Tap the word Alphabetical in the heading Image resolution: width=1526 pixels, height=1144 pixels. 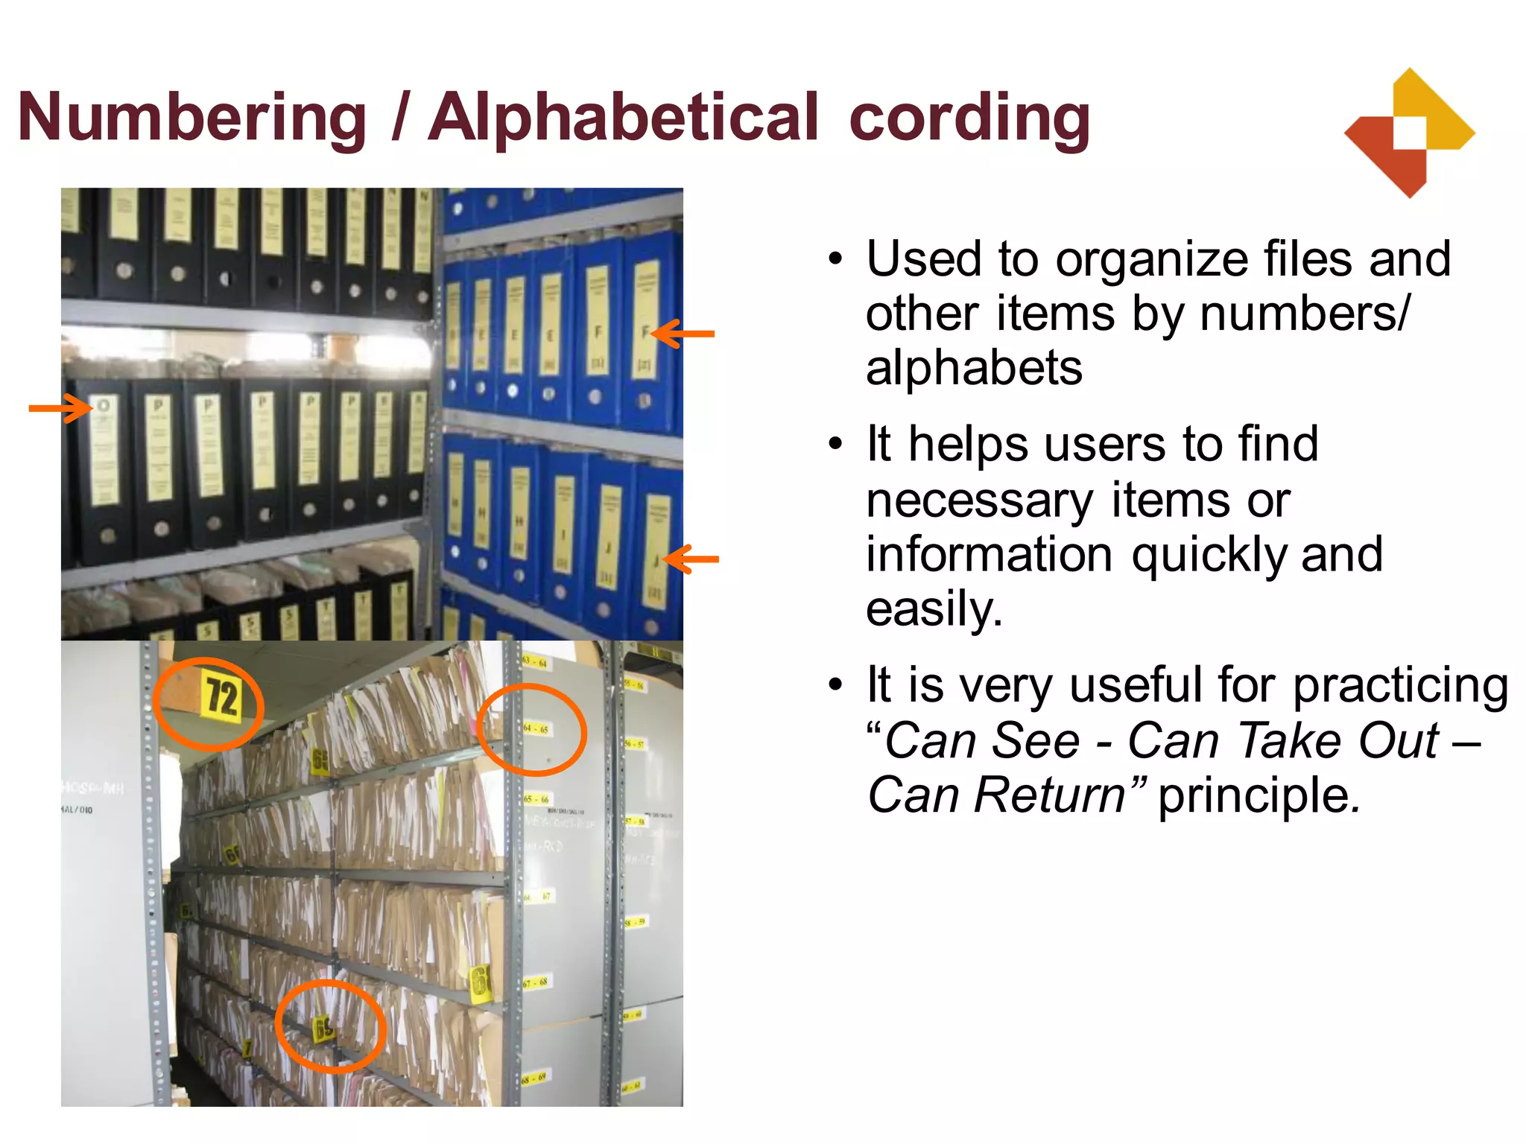[x=624, y=118]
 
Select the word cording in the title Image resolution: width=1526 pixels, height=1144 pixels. [x=969, y=118]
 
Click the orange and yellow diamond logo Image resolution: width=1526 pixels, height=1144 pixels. [x=1409, y=133]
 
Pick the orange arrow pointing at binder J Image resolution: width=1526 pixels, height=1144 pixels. [x=691, y=559]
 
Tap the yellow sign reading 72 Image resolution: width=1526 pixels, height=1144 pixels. [x=222, y=697]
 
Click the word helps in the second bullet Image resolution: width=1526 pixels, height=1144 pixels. [x=969, y=445]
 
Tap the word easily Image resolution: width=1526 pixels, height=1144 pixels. [x=934, y=609]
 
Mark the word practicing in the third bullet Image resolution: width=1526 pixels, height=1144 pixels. [x=1400, y=686]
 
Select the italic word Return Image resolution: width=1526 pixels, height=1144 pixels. [x=1051, y=795]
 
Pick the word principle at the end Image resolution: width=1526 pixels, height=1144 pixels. [x=1259, y=796]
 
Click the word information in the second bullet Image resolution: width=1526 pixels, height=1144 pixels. [x=989, y=555]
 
